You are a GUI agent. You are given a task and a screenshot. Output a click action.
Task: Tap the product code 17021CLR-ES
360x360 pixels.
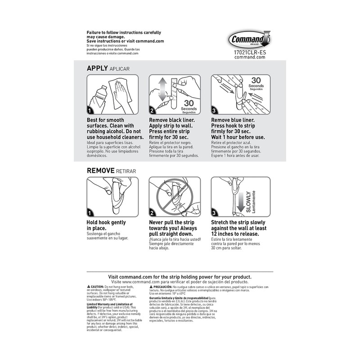(x=250, y=52)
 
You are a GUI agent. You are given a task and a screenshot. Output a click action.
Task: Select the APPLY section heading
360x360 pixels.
(x=97, y=68)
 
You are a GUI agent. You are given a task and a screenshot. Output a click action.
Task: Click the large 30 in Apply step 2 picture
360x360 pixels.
(x=192, y=102)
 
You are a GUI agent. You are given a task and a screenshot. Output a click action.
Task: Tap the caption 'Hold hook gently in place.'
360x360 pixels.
(x=106, y=225)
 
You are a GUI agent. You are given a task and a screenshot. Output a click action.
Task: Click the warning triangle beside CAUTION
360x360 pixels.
(x=88, y=287)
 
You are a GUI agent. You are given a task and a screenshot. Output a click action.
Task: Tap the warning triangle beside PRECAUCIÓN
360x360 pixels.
(x=151, y=287)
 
